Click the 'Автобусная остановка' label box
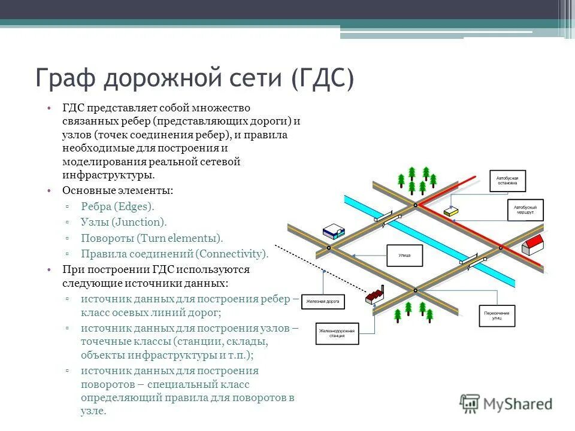507,180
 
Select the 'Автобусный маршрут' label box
525,210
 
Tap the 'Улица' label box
404,255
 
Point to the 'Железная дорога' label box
323,301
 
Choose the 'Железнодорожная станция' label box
337,333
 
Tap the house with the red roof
532,244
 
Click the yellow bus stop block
451,211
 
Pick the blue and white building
334,232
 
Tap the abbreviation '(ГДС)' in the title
323,78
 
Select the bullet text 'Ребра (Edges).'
117,206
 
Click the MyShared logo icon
470,403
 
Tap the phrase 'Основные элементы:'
118,190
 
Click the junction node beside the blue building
329,247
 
